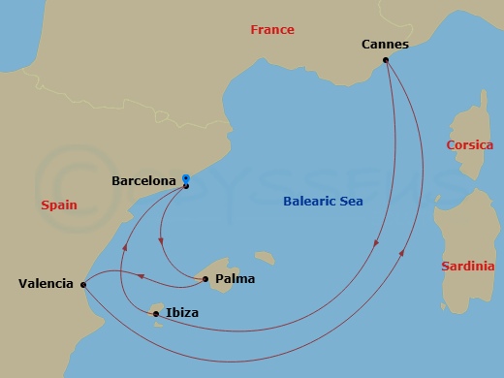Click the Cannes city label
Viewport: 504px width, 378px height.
coord(385,45)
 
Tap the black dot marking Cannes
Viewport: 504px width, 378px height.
coord(386,60)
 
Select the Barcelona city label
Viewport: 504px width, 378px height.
coord(143,180)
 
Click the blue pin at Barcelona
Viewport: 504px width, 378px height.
coord(185,179)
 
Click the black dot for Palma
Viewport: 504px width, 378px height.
coord(205,279)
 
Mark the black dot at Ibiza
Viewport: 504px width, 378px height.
coord(156,313)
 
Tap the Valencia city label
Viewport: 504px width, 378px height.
coord(46,284)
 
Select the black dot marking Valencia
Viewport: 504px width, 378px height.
coord(83,284)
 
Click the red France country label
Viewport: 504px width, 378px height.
coord(271,30)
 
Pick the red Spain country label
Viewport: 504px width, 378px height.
coord(59,205)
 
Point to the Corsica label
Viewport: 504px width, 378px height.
coord(469,145)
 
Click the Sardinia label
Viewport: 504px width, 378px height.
coord(467,267)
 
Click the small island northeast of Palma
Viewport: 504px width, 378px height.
coord(264,259)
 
